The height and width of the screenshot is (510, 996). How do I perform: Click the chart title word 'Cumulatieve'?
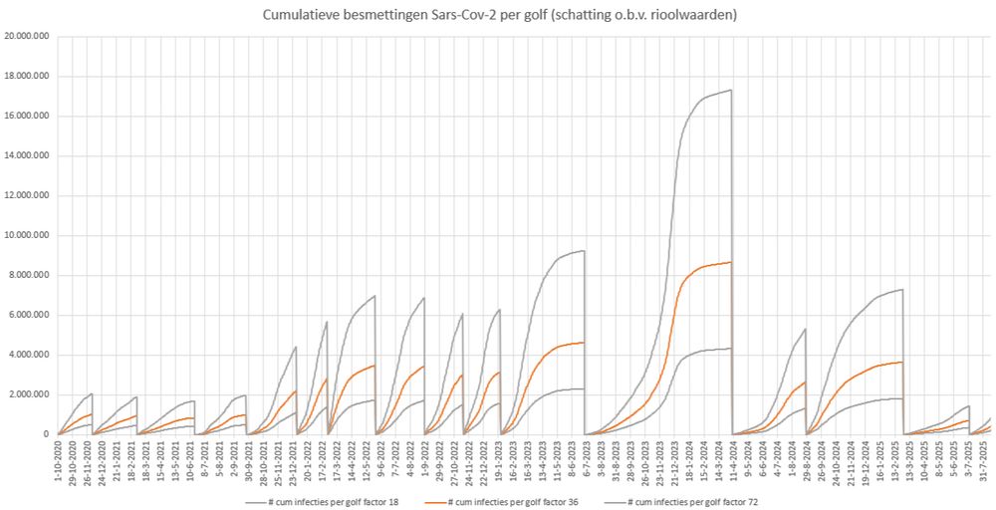299,15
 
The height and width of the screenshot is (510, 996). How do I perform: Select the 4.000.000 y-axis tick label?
29,355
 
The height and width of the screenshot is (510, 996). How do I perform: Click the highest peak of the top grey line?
731,90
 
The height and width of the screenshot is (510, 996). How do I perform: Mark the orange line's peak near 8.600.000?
731,262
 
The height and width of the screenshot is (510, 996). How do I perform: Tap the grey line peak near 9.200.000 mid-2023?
584,251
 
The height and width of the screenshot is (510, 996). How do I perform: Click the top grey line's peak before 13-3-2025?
901,290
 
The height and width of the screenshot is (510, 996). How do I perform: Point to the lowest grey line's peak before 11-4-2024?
731,348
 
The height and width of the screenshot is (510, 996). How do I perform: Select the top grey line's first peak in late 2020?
92,393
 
